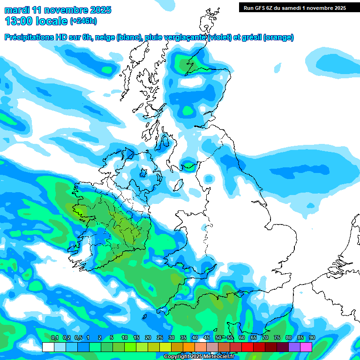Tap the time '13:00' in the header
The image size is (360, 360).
pos(19,21)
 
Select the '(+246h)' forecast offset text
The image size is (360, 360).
pos(83,21)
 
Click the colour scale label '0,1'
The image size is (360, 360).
pos(54,337)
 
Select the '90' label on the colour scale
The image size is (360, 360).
pos(312,337)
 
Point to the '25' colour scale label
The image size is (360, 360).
pos(159,337)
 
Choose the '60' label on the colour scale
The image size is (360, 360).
pos(241,337)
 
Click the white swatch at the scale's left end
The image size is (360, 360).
pos(48,347)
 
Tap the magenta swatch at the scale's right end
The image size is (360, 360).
pos(306,347)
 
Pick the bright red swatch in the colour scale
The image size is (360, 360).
pos(247,347)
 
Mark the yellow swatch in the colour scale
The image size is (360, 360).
pos(165,347)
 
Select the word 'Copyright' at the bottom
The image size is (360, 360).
pos(176,357)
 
